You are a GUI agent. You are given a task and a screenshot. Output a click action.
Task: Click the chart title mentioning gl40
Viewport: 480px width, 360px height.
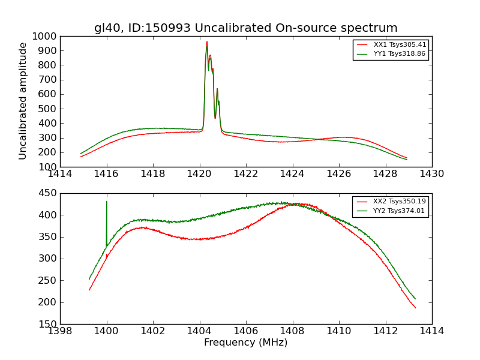245,28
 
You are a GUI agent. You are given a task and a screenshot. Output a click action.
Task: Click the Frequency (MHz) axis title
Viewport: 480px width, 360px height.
245,343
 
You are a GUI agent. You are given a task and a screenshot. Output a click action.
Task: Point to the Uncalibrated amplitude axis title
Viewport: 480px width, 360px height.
23,101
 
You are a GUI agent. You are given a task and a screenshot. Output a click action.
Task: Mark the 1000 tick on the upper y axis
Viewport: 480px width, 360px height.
46,36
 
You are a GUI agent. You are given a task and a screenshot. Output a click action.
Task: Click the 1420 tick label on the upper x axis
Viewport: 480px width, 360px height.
199,174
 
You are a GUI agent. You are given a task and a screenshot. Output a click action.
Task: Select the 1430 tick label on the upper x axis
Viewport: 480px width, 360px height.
431,174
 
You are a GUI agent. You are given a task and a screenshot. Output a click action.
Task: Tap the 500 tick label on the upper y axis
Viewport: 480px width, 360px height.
48,109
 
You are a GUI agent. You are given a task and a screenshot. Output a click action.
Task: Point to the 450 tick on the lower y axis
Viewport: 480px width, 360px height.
48,193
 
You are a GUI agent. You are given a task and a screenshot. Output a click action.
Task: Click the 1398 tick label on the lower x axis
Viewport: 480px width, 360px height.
60,331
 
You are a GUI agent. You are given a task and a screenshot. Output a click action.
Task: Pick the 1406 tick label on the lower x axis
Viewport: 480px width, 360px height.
246,331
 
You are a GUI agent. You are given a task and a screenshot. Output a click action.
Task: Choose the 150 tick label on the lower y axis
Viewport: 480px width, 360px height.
48,324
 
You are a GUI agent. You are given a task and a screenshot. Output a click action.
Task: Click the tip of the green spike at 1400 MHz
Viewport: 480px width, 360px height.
107,202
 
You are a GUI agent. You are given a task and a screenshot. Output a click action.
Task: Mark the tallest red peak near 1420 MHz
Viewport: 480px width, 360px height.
207,42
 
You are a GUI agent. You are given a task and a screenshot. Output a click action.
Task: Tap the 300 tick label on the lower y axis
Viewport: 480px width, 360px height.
48,259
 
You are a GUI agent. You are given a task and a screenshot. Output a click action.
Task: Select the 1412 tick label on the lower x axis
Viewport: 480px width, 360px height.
385,331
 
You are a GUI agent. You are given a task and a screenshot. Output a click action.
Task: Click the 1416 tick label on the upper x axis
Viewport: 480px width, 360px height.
107,174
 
